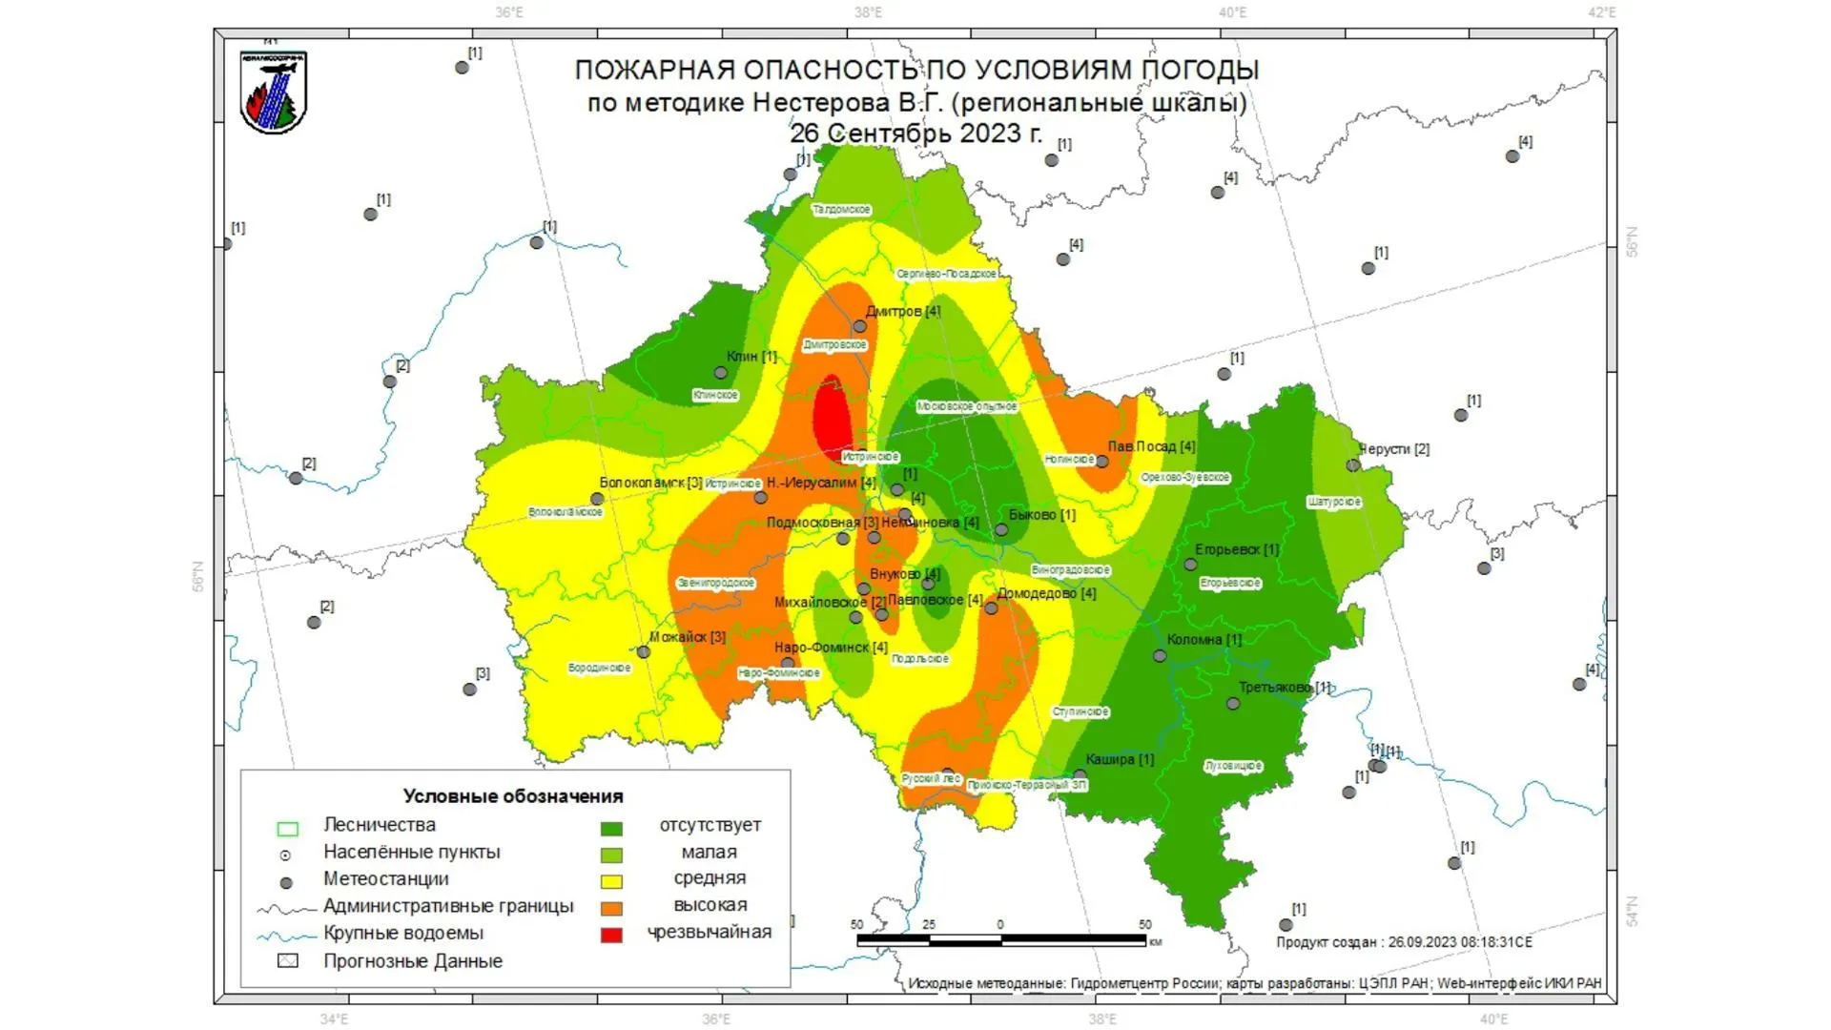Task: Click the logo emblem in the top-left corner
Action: point(273,92)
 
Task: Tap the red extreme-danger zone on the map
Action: point(832,420)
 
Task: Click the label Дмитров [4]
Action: point(902,311)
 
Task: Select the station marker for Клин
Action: point(722,373)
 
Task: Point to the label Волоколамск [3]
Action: point(650,483)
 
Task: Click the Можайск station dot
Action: point(644,652)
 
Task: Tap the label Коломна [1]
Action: point(1204,639)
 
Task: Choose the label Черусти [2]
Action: point(1393,448)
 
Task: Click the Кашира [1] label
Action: point(1119,759)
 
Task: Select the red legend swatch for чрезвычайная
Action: point(611,935)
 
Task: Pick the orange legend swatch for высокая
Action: point(611,908)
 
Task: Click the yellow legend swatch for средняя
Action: point(611,881)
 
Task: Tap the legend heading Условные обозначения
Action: point(512,796)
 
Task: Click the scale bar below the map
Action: point(1001,940)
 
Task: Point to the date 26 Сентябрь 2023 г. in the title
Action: point(915,133)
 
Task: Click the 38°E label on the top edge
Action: point(868,12)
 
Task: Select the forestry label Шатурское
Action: point(1333,502)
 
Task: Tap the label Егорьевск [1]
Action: point(1236,549)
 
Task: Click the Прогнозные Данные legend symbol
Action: point(287,960)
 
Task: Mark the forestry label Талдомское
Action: point(841,209)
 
